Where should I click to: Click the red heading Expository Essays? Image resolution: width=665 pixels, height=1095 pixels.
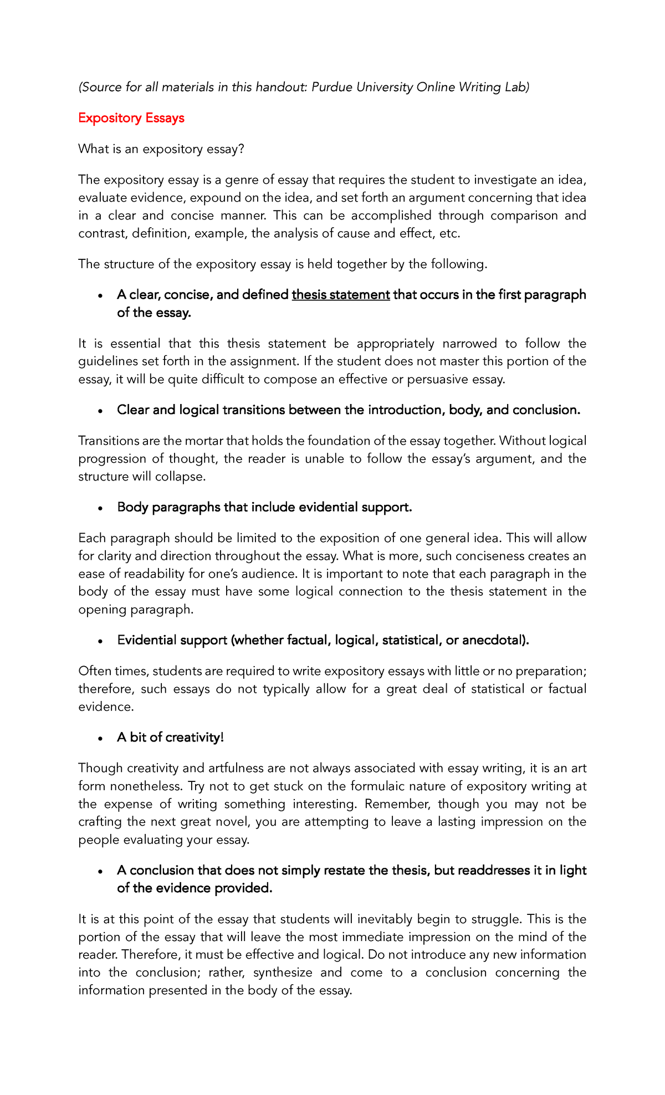[x=131, y=118]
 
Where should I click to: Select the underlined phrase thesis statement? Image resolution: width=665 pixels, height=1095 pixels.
[x=341, y=295]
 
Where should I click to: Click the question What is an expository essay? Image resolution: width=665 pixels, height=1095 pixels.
[x=161, y=149]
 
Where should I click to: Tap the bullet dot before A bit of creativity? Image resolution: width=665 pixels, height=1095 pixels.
[x=100, y=739]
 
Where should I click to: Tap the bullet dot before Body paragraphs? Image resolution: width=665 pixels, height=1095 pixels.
[x=100, y=509]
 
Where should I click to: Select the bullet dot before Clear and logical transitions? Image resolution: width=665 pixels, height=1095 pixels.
[x=100, y=411]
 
